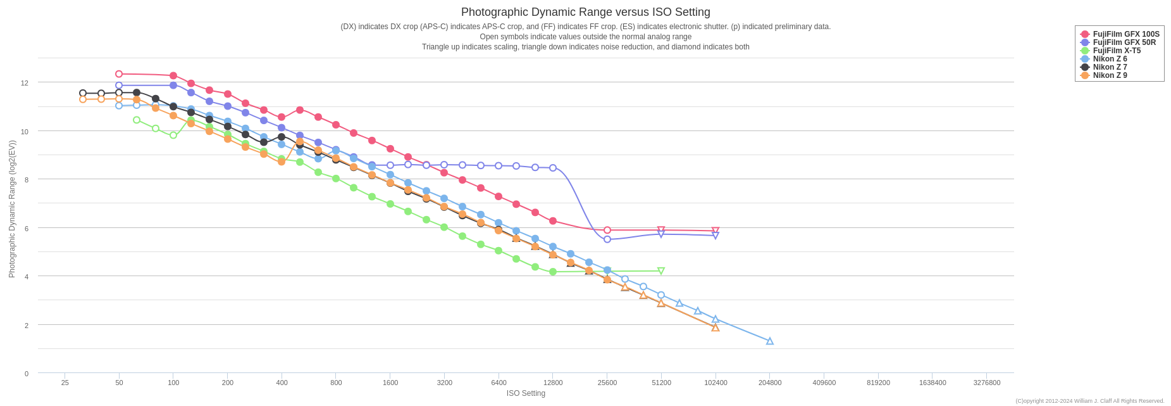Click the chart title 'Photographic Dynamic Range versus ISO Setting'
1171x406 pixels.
585,12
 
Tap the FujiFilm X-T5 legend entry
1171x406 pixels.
1117,51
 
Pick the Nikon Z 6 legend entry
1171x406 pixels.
1110,59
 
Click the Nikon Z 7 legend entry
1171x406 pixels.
1110,67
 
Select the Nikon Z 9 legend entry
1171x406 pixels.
1110,75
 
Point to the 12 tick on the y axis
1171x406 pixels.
25,83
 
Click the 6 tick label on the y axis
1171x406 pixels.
26,229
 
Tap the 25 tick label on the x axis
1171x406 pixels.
65,383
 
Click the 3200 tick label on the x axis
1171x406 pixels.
445,383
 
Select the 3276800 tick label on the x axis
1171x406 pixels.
987,383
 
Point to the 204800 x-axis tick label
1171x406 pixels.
770,383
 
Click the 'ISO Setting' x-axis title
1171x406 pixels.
526,393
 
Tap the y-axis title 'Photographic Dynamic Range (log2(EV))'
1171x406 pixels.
12,209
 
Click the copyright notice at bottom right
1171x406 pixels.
1089,401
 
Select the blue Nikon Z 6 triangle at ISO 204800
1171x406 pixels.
770,341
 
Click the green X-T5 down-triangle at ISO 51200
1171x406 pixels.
661,270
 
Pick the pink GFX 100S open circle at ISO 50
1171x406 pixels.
119,74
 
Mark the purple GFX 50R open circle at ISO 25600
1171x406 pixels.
607,239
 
